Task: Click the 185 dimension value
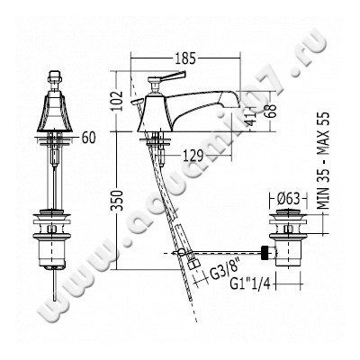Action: (x=185, y=58)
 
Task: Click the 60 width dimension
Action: (x=88, y=138)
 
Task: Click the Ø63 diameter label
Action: (x=289, y=198)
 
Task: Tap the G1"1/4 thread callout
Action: (x=250, y=283)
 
